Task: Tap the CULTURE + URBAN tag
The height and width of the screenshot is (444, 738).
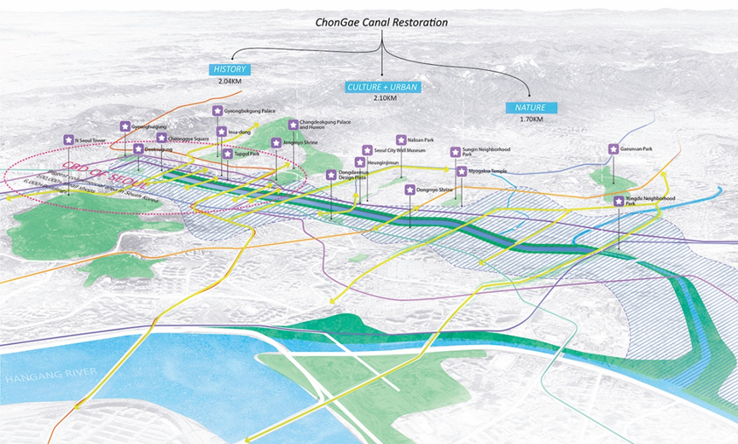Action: pyautogui.click(x=381, y=86)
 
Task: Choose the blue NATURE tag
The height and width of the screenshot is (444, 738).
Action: pyautogui.click(x=530, y=108)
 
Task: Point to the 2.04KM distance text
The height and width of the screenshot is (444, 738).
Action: pyautogui.click(x=230, y=82)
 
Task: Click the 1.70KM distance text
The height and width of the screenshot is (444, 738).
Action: pyautogui.click(x=530, y=120)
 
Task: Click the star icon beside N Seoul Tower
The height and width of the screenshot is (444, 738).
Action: pyautogui.click(x=68, y=139)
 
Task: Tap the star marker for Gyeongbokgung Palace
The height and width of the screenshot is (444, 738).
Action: pyautogui.click(x=218, y=111)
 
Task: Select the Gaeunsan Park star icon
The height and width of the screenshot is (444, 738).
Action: pyautogui.click(x=613, y=149)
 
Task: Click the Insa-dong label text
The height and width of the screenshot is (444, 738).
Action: pyautogui.click(x=239, y=132)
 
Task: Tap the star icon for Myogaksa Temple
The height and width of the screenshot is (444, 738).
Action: pyautogui.click(x=462, y=172)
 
